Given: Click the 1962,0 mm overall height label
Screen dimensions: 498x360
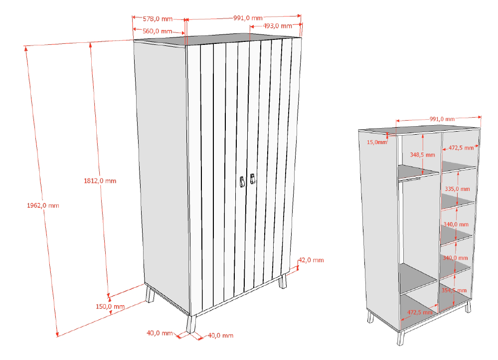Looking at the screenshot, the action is click(x=43, y=205).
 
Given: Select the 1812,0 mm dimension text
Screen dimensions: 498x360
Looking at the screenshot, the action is click(x=100, y=181).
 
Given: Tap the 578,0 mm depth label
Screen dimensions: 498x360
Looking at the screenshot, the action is click(x=158, y=19).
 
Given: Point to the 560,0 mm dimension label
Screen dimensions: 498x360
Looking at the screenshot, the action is click(x=157, y=31).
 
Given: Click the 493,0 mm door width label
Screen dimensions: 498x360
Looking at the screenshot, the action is click(x=278, y=26).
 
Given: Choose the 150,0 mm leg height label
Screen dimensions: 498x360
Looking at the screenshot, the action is click(x=110, y=307).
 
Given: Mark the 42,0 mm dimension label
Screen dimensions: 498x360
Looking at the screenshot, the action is click(x=311, y=260).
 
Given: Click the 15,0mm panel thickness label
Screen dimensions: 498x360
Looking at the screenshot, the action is click(x=377, y=142).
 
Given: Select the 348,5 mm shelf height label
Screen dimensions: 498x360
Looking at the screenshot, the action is click(x=422, y=155).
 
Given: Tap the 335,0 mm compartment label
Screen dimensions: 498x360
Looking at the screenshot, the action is click(x=457, y=189).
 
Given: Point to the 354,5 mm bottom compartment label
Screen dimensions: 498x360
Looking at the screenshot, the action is click(x=454, y=290).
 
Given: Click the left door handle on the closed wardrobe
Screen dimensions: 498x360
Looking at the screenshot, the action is click(x=242, y=182).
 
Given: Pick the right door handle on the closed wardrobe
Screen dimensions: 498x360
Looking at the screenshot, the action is click(x=253, y=179).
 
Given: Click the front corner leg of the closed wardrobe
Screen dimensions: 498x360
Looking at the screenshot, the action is click(x=191, y=324).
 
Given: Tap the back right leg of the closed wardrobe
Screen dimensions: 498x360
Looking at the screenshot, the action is click(x=282, y=281).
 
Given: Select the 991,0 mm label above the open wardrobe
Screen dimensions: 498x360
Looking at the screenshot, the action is click(x=442, y=119).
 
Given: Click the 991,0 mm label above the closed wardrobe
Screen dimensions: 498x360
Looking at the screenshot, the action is click(x=248, y=18).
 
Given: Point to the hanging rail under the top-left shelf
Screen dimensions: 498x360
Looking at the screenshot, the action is click(x=410, y=180).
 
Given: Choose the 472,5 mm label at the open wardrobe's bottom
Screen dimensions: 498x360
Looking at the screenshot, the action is click(x=420, y=312).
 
